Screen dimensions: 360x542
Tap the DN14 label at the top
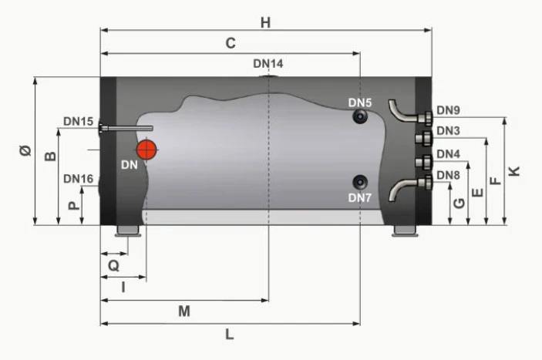pyautogui.click(x=268, y=63)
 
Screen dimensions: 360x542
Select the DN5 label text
pyautogui.click(x=359, y=103)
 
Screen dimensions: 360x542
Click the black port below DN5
pyautogui.click(x=361, y=116)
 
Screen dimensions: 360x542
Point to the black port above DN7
pyautogui.click(x=361, y=183)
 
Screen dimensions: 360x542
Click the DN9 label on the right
pyautogui.click(x=448, y=110)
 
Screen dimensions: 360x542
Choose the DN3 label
pyautogui.click(x=448, y=130)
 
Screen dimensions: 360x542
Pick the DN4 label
pyautogui.click(x=448, y=154)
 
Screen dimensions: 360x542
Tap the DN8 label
pyautogui.click(x=448, y=175)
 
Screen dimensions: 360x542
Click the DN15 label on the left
pyautogui.click(x=79, y=121)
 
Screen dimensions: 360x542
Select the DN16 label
pyautogui.click(x=79, y=179)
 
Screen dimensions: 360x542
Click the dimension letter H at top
pyautogui.click(x=265, y=22)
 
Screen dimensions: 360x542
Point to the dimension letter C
pyautogui.click(x=230, y=44)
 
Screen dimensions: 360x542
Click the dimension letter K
pyautogui.click(x=516, y=170)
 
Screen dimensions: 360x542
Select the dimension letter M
pyautogui.click(x=183, y=311)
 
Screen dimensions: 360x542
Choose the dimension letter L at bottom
pyautogui.click(x=230, y=335)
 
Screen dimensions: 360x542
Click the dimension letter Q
pyautogui.click(x=113, y=264)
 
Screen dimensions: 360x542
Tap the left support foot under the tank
pyautogui.click(x=128, y=231)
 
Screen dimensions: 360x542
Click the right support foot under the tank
pyautogui.click(x=404, y=231)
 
